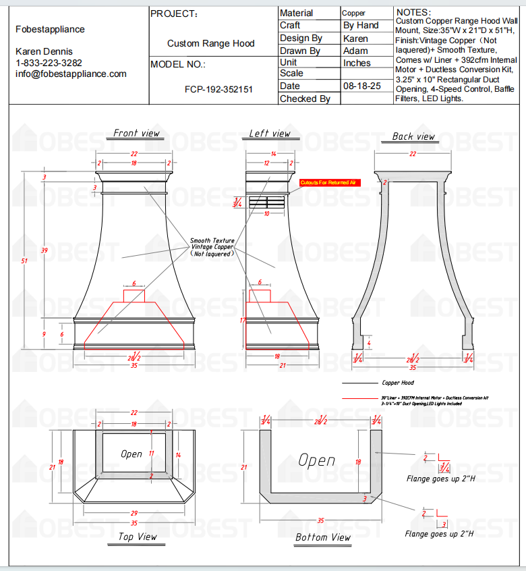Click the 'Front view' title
136,133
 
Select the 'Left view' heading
269,133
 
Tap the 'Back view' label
413,136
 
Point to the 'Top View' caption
137,537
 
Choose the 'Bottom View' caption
323,537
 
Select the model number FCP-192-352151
218,88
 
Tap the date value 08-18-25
362,86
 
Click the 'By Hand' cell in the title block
361,25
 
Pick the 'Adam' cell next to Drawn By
355,51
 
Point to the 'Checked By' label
305,99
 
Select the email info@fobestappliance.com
71,74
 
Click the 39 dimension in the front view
45,250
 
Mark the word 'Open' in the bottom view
317,460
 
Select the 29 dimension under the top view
134,514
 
